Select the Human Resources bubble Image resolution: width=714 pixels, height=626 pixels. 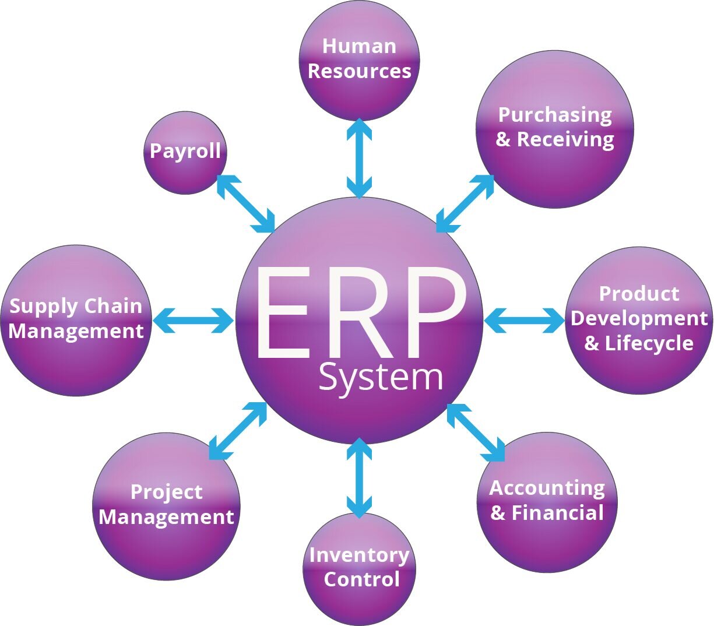pos(359,61)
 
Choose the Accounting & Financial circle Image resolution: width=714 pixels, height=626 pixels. pos(547,502)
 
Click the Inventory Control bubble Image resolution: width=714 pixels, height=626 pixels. pos(359,568)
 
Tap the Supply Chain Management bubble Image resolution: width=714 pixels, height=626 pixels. pos(76,320)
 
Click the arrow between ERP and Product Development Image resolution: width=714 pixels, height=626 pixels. pos(524,320)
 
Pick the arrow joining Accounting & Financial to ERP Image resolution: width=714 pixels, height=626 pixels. pos(476,432)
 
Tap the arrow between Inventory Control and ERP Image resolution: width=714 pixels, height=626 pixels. pos(359,478)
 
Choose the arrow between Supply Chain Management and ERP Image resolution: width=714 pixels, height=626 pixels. pos(193,320)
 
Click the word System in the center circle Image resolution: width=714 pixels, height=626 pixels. pos(381,378)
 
